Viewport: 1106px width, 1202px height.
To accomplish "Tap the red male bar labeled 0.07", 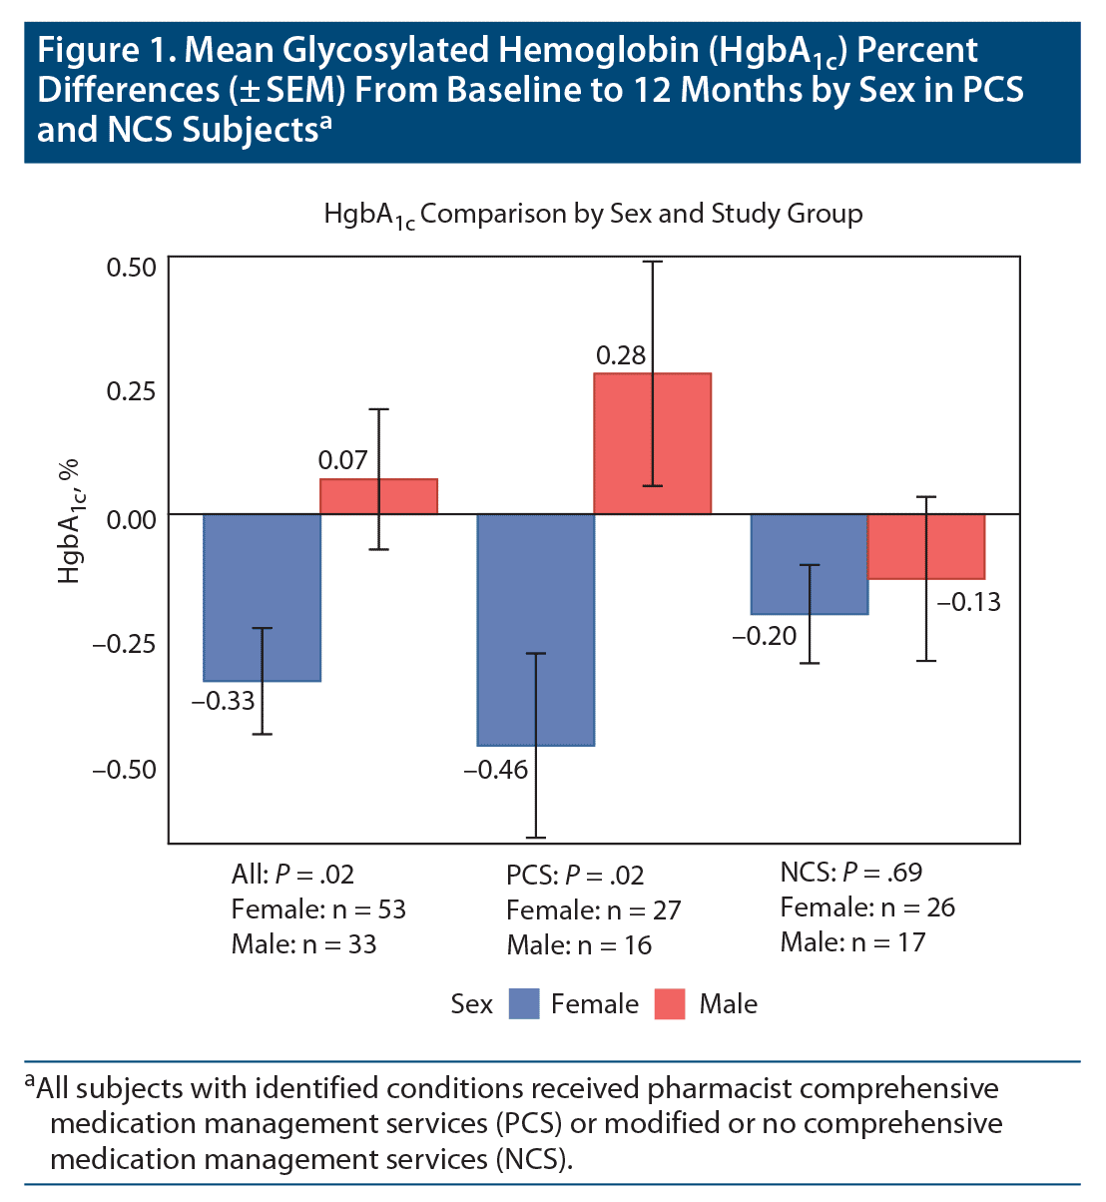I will [378, 496].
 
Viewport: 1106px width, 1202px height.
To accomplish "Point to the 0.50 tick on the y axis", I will [131, 268].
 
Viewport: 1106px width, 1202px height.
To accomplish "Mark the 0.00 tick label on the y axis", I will [131, 518].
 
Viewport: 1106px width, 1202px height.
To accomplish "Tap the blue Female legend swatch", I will [524, 1004].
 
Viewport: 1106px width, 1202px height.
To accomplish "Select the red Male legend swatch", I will [670, 1004].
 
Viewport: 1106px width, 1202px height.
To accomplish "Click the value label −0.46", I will [495, 770].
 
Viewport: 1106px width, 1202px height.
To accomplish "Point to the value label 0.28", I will [621, 355].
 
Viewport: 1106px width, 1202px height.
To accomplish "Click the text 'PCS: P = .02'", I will [575, 876].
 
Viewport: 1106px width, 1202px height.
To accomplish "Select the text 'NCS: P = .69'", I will [850, 873].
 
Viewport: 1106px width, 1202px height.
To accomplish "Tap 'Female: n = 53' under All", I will [318, 909].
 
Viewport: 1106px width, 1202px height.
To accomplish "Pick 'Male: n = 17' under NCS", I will [852, 942].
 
